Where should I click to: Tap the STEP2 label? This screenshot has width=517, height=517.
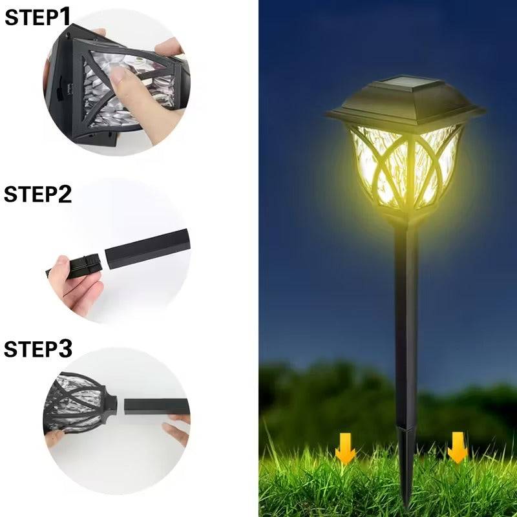[37, 194]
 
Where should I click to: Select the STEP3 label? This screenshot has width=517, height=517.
[37, 349]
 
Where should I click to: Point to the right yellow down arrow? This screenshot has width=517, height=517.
[458, 448]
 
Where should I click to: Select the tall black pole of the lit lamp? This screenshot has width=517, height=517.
[406, 323]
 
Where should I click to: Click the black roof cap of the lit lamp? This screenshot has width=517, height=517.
[405, 107]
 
